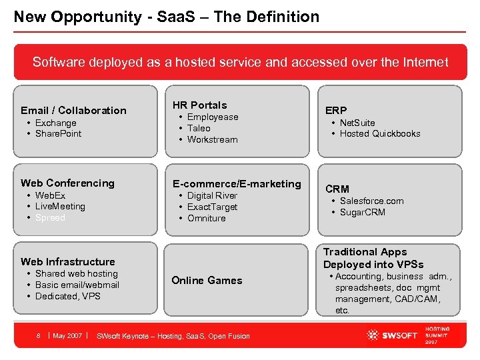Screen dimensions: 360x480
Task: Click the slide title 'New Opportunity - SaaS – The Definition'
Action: point(167,17)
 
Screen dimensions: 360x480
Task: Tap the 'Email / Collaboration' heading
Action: point(73,111)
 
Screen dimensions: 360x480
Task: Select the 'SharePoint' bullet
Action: point(58,133)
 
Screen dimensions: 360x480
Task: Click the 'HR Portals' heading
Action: point(199,105)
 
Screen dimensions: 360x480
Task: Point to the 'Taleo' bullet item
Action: point(199,128)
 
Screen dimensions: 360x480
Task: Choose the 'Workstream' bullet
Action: point(212,139)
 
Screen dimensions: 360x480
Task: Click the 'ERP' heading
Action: point(336,111)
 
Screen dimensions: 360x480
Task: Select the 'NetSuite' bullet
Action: point(357,123)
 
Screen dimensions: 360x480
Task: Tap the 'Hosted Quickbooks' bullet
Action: point(380,133)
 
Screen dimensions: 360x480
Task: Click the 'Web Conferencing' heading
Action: point(67,183)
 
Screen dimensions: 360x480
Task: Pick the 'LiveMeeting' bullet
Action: point(60,207)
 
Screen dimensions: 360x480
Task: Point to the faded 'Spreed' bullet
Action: point(50,218)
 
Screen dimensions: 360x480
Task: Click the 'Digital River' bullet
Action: point(212,195)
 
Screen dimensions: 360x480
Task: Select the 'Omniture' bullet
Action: point(206,218)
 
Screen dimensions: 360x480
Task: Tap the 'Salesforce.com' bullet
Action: point(371,201)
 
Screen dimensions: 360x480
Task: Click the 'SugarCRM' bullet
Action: point(362,213)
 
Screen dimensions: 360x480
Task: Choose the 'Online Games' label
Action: point(207,280)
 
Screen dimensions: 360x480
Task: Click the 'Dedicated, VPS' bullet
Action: point(67,296)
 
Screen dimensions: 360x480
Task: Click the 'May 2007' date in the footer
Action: point(67,335)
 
